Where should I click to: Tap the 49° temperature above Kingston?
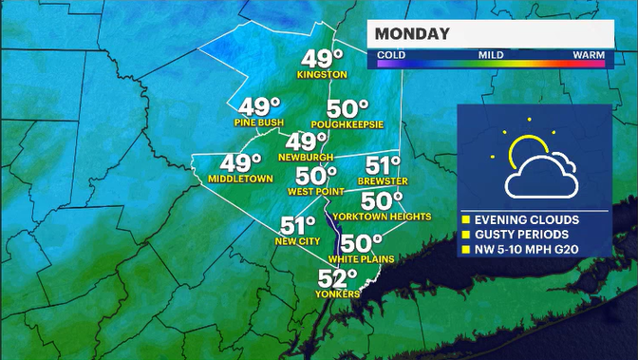318,57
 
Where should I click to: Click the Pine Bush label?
258,123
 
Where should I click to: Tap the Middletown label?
240,179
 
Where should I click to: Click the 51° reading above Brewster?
384,164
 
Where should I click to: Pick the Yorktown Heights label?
382,217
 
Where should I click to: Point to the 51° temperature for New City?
297,226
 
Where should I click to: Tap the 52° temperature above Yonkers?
338,278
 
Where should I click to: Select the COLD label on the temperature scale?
392,55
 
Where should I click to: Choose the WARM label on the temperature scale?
589,55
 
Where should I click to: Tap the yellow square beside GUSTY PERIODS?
467,234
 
